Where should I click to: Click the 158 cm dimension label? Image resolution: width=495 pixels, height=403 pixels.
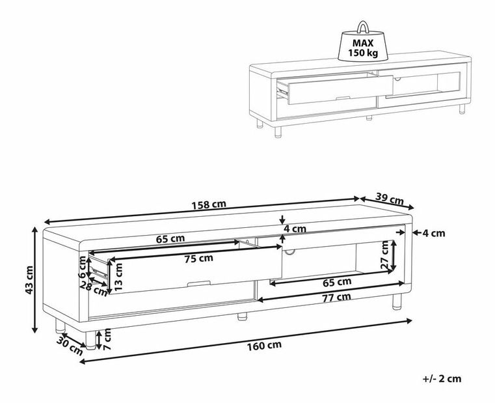[x=209, y=204]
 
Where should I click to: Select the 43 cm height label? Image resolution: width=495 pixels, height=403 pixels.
[x=29, y=280]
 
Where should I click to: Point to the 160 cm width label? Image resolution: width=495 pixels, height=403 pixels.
[x=264, y=346]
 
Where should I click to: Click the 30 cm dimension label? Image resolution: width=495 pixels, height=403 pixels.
[x=70, y=346]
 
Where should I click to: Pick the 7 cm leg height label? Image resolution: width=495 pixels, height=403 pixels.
[x=107, y=339]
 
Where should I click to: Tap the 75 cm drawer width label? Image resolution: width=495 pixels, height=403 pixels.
[x=199, y=258]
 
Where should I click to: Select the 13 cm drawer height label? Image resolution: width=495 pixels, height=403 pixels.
[x=118, y=277]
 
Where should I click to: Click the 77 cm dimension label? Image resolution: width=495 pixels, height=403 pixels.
[x=336, y=297]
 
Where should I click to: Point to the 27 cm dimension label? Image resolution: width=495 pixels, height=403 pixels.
[x=384, y=255]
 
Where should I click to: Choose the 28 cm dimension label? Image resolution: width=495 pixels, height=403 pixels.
[x=94, y=289]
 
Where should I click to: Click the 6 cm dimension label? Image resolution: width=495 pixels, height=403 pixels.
[x=82, y=268]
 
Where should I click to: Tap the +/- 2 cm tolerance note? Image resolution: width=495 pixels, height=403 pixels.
[x=442, y=378]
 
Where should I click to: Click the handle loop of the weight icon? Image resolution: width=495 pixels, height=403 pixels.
[x=363, y=27]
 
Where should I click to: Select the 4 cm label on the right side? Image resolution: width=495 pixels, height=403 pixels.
[x=435, y=233]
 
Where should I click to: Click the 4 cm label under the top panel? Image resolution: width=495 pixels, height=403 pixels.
[x=295, y=229]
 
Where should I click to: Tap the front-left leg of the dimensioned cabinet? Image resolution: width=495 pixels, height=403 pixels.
[x=91, y=340]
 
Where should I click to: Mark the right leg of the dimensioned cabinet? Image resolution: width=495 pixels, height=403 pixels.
[x=396, y=301]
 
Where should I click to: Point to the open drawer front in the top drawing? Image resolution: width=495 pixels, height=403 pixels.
[x=340, y=90]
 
